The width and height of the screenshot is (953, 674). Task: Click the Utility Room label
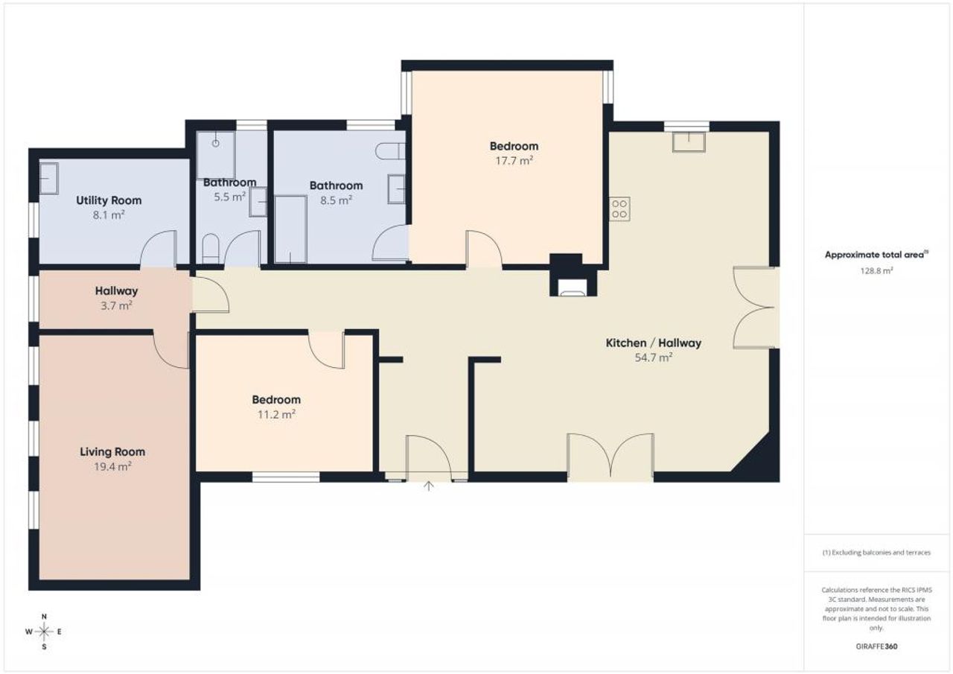tap(109, 200)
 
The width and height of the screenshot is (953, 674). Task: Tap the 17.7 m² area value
tap(514, 161)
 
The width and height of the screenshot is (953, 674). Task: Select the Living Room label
tap(112, 451)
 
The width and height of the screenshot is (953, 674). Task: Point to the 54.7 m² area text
tap(654, 357)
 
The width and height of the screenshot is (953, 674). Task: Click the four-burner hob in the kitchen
tap(619, 209)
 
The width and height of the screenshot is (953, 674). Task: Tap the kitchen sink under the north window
tap(689, 142)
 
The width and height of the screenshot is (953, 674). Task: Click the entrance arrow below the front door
tap(428, 486)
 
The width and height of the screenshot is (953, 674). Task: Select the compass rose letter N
tap(44, 617)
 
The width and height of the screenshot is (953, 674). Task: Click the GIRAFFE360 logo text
tap(876, 646)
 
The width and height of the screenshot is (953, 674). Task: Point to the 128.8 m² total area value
tap(876, 270)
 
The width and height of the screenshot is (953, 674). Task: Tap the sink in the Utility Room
tap(48, 179)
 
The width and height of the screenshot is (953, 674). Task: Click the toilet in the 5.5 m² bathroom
tap(210, 249)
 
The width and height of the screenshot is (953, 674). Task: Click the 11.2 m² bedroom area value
tap(276, 414)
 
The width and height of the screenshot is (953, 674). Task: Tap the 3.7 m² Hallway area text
tap(116, 305)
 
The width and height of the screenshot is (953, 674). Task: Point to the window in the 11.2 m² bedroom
tap(286, 477)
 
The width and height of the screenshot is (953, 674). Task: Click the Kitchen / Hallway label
tap(654, 343)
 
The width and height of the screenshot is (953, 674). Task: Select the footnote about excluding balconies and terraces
tap(876, 553)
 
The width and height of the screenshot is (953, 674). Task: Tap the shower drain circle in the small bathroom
tap(216, 144)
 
